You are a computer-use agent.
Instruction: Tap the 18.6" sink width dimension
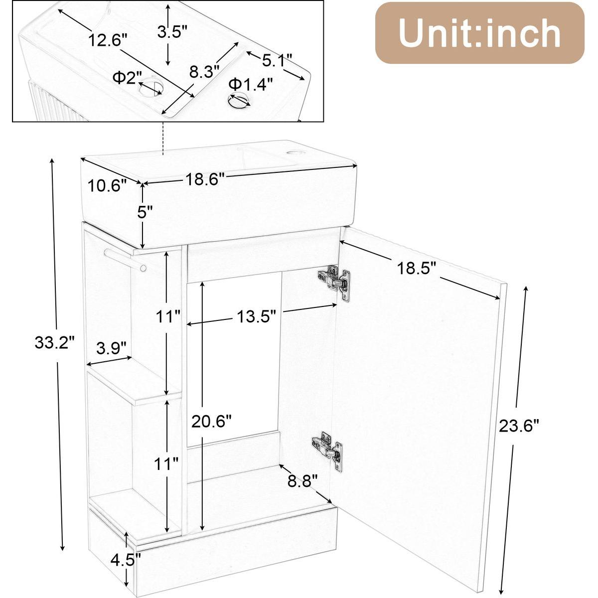pyautogui.click(x=205, y=179)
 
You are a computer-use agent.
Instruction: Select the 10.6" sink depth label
pyautogui.click(x=107, y=185)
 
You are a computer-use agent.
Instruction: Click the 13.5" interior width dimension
pyautogui.click(x=256, y=316)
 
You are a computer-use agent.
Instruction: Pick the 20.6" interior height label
pyautogui.click(x=211, y=421)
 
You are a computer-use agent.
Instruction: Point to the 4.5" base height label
pyautogui.click(x=126, y=560)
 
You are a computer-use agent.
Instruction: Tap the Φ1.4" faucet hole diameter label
pyautogui.click(x=251, y=84)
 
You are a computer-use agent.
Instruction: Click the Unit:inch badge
pyautogui.click(x=480, y=32)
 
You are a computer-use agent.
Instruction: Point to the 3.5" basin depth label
pyautogui.click(x=172, y=31)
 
